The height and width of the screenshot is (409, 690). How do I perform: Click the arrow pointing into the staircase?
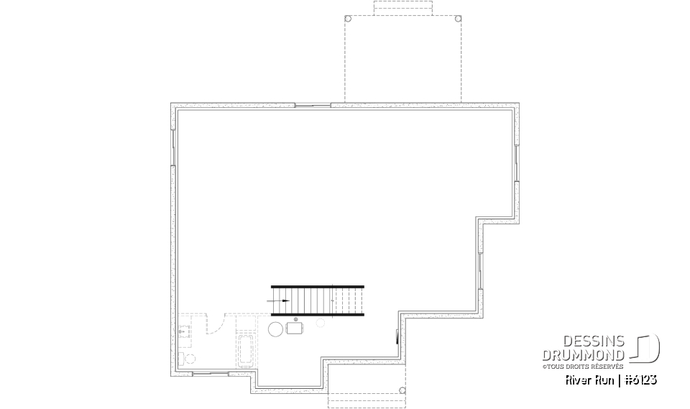pos(280,300)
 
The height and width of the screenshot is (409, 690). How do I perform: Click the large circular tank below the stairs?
pos(275,329)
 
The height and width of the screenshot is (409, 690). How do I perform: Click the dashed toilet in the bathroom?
pos(188,358)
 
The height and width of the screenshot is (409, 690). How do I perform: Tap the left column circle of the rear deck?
pos(348,19)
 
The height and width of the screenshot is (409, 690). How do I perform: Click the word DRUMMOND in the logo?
pos(583,354)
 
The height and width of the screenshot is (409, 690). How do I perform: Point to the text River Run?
pos(589,380)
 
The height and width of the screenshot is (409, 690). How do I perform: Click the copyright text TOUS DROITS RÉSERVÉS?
pos(583,366)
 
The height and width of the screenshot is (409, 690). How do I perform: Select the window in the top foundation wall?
pos(312,105)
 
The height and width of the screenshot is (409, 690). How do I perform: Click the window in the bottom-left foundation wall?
pos(211,374)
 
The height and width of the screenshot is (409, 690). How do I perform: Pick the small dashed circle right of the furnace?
pos(321,323)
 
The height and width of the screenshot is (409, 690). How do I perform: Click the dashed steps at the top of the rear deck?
pos(402,8)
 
